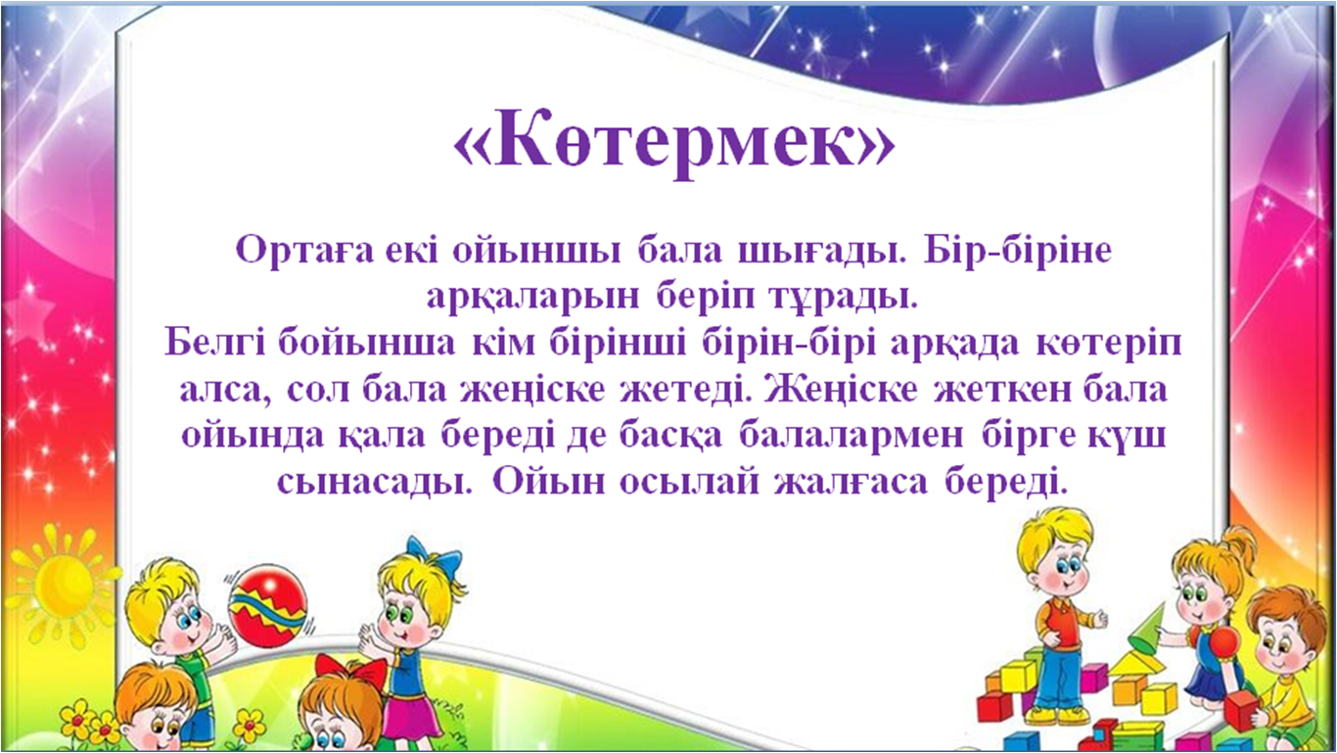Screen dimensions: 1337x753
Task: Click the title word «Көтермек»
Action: pos(673,143)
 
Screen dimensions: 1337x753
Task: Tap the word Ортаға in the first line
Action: pos(303,251)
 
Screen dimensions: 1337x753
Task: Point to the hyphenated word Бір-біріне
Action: pos(1017,251)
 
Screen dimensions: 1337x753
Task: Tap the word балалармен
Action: pos(852,437)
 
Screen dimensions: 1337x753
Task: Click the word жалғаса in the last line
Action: pos(852,483)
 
